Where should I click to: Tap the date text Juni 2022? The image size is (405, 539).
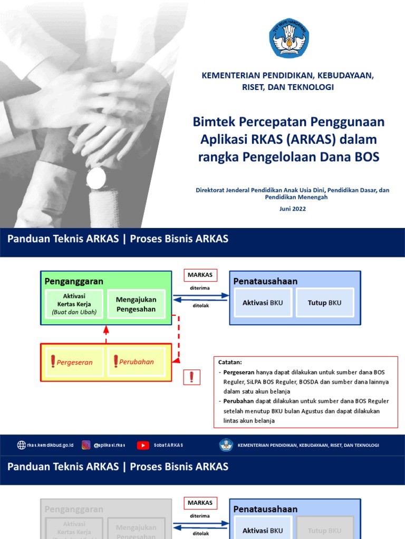(x=292, y=208)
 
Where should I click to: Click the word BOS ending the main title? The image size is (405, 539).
(x=365, y=156)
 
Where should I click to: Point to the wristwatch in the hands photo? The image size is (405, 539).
(x=96, y=176)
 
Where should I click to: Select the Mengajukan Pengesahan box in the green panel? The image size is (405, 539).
(x=136, y=304)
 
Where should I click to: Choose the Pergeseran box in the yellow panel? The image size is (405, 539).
(x=73, y=362)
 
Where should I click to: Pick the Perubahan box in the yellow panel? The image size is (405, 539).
(x=136, y=362)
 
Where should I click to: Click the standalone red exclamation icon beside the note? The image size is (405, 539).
(x=191, y=377)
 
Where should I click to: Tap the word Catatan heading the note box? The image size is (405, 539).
(x=230, y=362)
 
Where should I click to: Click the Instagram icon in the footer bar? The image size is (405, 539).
(x=86, y=445)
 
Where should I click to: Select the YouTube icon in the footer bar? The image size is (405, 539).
(x=143, y=445)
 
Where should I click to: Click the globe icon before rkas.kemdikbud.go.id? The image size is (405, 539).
(x=22, y=445)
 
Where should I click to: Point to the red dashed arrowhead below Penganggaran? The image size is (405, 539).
(x=106, y=330)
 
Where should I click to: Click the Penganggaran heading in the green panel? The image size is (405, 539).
(x=74, y=281)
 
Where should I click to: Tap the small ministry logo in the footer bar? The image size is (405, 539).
(x=226, y=445)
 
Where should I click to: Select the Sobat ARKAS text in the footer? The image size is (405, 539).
(x=169, y=445)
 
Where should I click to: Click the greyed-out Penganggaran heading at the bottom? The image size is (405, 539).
(x=74, y=509)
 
